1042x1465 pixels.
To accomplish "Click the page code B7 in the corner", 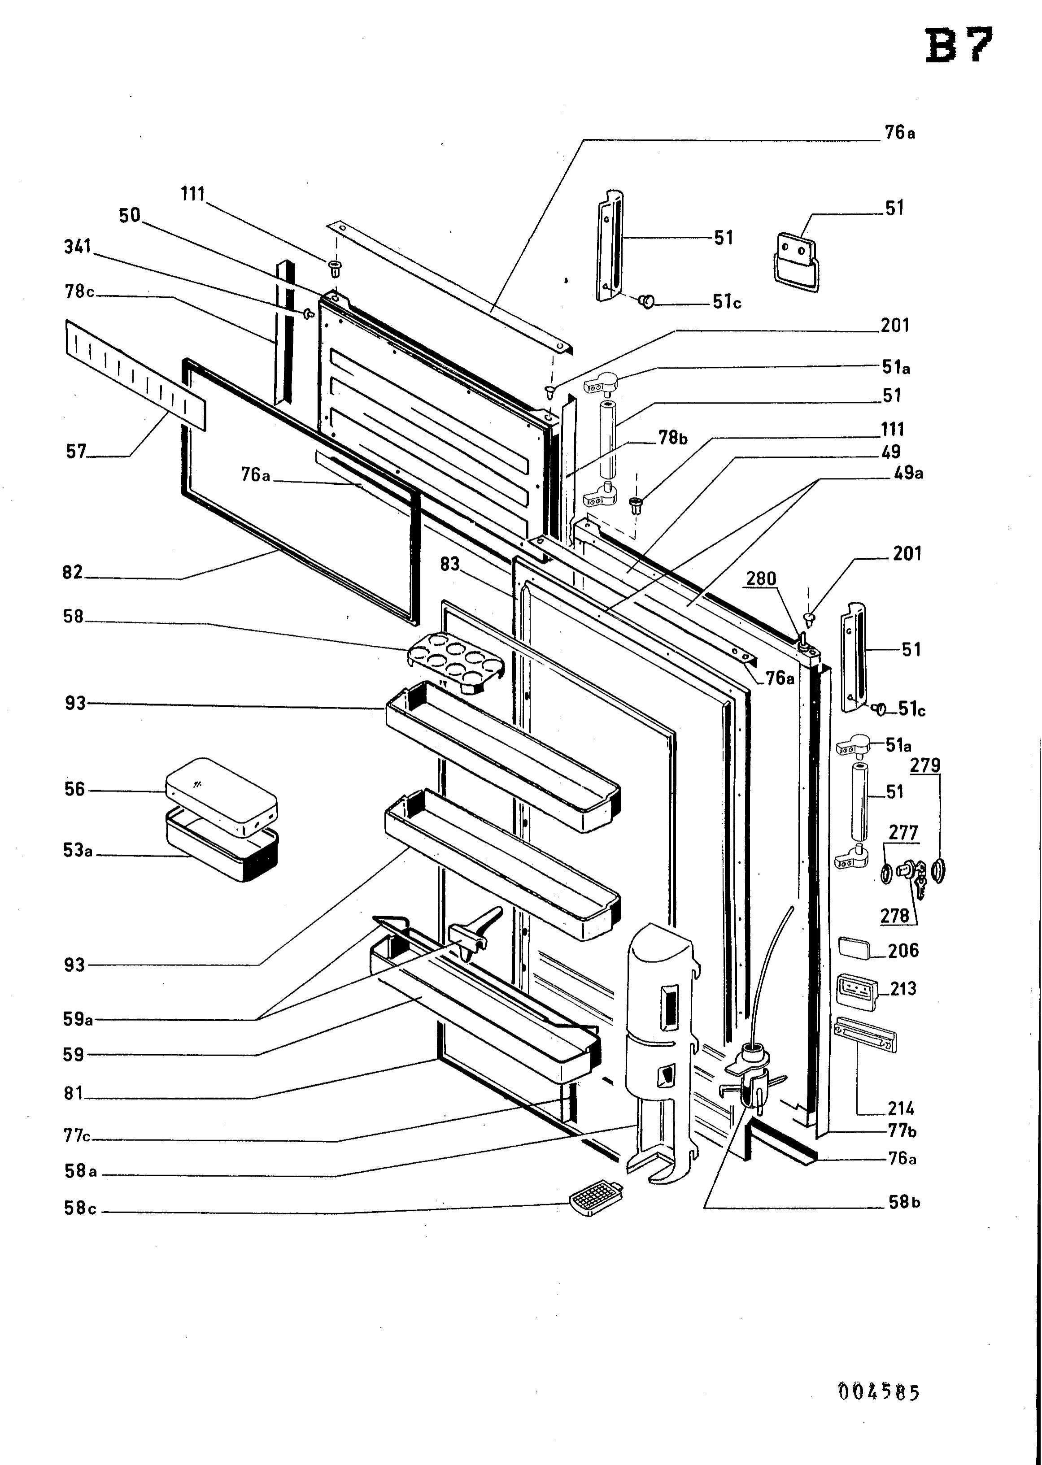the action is (959, 46).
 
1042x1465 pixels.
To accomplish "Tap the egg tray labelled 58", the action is (456, 663).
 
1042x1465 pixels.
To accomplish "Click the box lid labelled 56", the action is (221, 797).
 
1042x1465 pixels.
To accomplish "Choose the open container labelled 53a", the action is (222, 845).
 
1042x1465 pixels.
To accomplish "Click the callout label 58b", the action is (904, 1202).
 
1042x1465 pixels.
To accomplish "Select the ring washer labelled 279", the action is (939, 870).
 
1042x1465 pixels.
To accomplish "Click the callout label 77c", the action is (77, 1135).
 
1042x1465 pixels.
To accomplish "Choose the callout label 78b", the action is (672, 438).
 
